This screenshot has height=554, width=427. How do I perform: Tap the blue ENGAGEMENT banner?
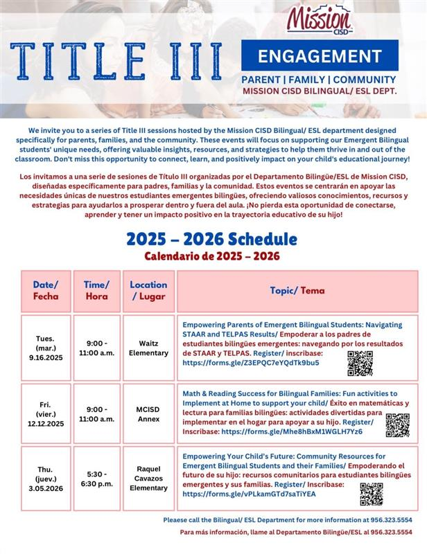(x=320, y=55)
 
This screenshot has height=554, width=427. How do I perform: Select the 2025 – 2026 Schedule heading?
(x=211, y=240)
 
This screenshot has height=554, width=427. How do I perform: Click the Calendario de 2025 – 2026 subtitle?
(x=212, y=256)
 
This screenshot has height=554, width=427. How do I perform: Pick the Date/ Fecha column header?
(x=46, y=290)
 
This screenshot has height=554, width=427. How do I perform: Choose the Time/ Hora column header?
(x=96, y=290)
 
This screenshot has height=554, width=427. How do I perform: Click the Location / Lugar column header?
(x=148, y=290)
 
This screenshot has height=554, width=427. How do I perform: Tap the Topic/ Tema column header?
(x=297, y=290)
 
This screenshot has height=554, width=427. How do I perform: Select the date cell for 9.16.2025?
(x=46, y=348)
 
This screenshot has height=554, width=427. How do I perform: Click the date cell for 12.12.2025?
(x=46, y=413)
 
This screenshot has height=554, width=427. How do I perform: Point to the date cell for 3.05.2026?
(x=46, y=479)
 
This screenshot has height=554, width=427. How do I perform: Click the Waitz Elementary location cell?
(x=148, y=348)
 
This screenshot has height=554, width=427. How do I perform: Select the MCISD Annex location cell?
(x=148, y=413)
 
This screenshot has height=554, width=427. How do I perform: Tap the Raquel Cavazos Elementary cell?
(x=148, y=479)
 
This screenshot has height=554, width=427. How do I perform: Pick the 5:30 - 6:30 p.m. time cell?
(x=96, y=479)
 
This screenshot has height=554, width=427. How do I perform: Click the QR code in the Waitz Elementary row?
(x=360, y=363)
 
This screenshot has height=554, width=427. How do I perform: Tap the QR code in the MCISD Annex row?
(x=397, y=425)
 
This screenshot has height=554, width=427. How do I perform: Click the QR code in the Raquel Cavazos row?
(x=371, y=494)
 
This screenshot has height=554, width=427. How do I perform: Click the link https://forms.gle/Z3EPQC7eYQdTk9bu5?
(x=251, y=362)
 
